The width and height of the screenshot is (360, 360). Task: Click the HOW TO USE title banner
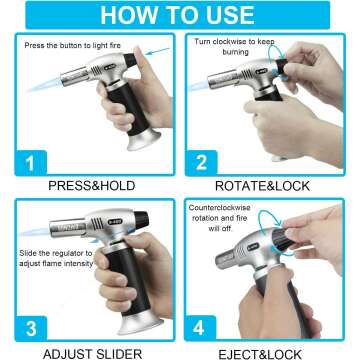click(x=178, y=15)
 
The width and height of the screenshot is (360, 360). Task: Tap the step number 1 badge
click(x=31, y=163)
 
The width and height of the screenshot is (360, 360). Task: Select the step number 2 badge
click(x=201, y=163)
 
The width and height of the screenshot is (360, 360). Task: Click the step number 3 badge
click(x=31, y=328)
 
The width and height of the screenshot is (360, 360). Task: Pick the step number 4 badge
click(x=200, y=328)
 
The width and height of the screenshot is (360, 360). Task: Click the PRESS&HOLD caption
click(x=92, y=186)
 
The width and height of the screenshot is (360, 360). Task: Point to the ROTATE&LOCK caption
click(x=262, y=186)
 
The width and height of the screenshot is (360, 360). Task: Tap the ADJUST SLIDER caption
click(x=92, y=353)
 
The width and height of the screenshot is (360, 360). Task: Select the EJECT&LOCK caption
click(x=260, y=354)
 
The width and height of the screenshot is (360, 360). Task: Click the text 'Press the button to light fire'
click(x=72, y=45)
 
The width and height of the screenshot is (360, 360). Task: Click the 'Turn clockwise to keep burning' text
click(x=235, y=47)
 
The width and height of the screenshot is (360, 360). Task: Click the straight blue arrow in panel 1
click(x=158, y=51)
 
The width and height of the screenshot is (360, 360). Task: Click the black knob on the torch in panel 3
click(x=141, y=220)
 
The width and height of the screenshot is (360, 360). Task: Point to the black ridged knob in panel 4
click(x=282, y=239)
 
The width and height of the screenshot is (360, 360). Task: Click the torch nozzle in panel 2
click(x=221, y=79)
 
